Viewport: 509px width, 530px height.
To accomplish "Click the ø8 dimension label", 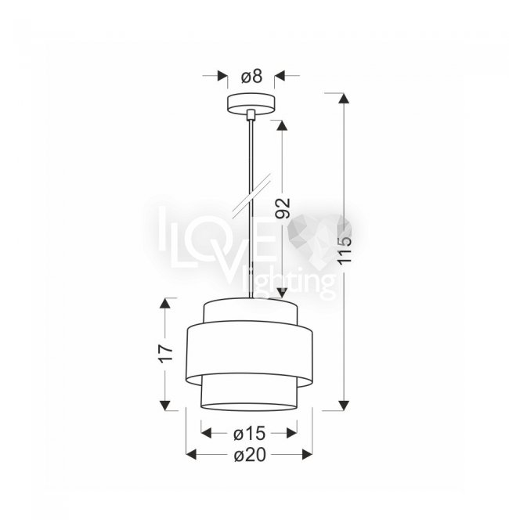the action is pos(251,76).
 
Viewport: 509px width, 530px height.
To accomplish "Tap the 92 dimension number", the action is pos(283,208).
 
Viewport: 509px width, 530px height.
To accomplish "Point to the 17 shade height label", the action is pos(165,354).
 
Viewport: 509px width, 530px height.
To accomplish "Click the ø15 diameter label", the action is pos(249,434).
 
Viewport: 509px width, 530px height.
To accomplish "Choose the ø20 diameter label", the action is pos(250,455).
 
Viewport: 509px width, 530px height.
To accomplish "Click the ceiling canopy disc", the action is pos(251,103).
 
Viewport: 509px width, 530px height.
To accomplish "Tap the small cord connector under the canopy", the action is pos(251,114).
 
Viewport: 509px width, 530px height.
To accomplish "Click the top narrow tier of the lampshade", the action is pos(251,310).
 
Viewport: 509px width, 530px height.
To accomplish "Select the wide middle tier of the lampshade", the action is pos(250,354).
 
